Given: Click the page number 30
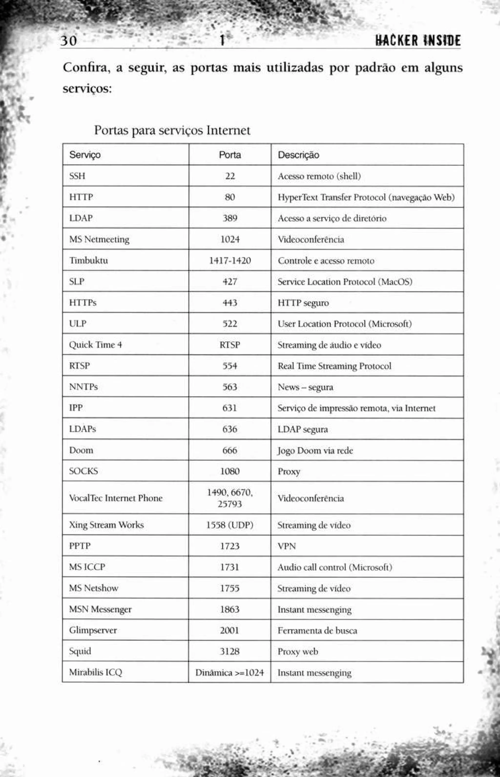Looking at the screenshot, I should point(69,41).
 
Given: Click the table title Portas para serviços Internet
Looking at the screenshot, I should point(172,130).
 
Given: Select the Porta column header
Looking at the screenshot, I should point(230,155).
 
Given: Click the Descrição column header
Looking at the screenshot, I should point(298,155).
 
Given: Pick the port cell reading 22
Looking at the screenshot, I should point(230,176).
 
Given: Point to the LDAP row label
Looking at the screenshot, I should point(81,218).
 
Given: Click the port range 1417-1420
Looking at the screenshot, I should point(230,260).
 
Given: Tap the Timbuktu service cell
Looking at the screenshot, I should point(89,260).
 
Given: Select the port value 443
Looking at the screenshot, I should point(230,302).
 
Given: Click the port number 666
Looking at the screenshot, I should point(230,450).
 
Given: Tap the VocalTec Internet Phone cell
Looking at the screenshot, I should point(115,498).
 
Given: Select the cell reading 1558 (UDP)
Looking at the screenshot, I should point(230,525).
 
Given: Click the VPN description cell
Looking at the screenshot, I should point(287,546).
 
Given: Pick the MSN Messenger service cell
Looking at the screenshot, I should point(100,609).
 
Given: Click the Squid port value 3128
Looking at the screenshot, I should point(230,651).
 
